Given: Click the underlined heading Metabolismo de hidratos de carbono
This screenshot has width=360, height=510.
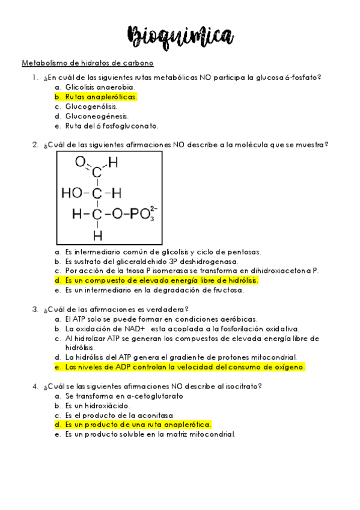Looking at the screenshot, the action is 88,63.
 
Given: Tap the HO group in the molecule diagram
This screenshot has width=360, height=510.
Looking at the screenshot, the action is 72,193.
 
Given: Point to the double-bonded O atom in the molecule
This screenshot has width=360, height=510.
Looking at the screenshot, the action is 80,161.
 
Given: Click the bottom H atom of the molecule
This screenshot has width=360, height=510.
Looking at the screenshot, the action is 97,235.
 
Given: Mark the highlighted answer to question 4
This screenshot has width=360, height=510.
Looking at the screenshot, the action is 138,425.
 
